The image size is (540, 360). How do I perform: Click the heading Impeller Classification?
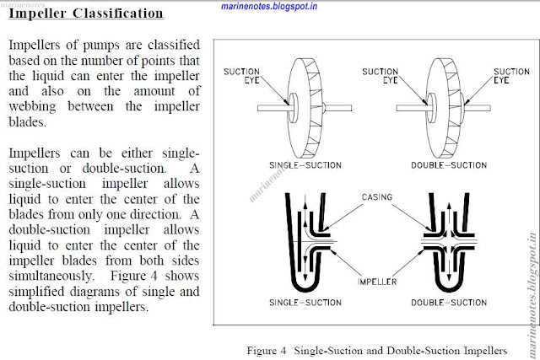(x=86, y=13)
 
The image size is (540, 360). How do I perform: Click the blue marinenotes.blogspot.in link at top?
(x=269, y=6)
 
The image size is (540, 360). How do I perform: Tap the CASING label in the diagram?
(x=377, y=197)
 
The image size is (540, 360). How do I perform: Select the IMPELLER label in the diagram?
(x=377, y=282)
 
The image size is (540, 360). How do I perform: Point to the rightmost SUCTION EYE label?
(x=511, y=76)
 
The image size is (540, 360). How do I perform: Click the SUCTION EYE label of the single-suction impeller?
(x=241, y=76)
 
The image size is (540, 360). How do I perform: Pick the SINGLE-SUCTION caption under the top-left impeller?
(x=305, y=165)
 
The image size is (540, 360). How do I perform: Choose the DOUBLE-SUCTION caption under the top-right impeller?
(x=449, y=165)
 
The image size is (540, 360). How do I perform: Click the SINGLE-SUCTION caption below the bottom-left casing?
(x=305, y=303)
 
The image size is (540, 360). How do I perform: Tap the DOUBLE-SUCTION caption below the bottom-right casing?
(x=449, y=303)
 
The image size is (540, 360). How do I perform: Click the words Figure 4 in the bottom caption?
(x=267, y=351)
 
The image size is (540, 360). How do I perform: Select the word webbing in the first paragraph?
(x=32, y=107)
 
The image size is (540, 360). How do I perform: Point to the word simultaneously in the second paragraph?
(x=51, y=276)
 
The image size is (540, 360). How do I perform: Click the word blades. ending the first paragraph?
(x=27, y=122)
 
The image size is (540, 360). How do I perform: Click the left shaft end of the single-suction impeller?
(x=258, y=108)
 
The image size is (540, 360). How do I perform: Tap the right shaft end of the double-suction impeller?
(x=490, y=108)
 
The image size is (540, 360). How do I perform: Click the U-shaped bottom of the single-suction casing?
(x=305, y=287)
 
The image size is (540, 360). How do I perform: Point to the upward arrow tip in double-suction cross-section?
(x=449, y=204)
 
